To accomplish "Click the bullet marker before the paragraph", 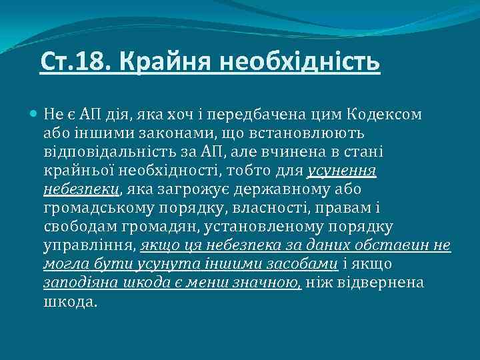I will [x=35, y=114].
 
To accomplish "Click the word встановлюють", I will [x=304, y=133].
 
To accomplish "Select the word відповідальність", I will [x=114, y=152].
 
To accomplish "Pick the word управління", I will [x=89, y=245].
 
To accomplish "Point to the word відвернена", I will [x=383, y=283].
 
